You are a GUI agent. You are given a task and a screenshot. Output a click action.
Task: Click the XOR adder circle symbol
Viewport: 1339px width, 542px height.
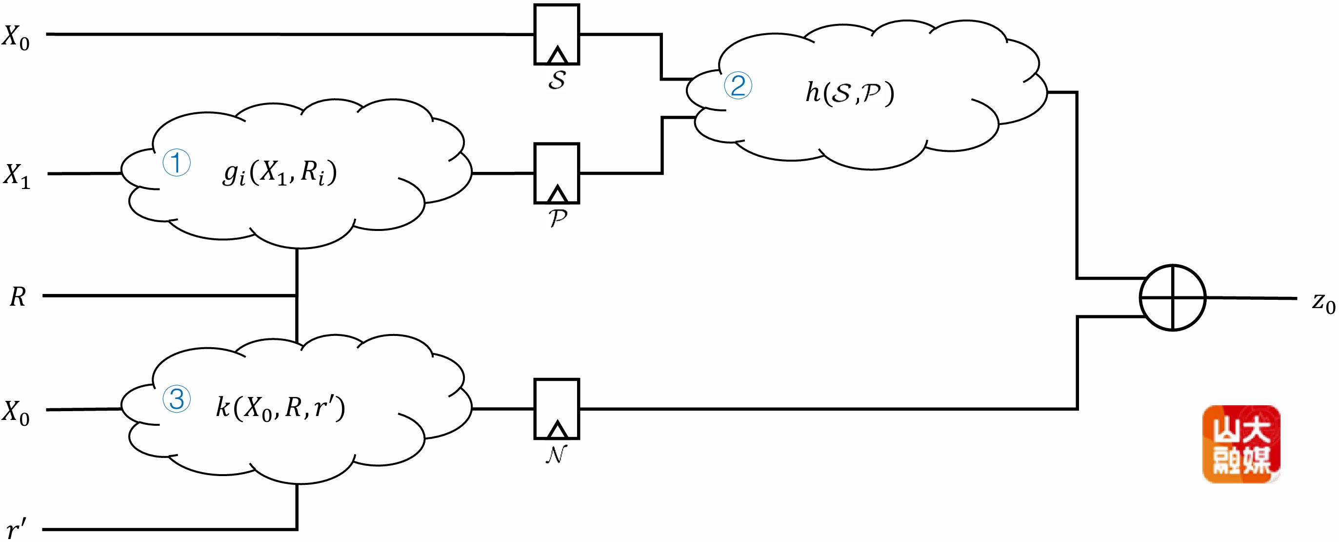(1172, 297)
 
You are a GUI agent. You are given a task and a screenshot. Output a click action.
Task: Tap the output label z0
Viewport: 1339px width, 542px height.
(1323, 303)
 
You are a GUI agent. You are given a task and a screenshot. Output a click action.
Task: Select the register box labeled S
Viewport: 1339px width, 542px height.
(556, 34)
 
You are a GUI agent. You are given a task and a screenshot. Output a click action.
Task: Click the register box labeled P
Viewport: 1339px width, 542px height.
(556, 173)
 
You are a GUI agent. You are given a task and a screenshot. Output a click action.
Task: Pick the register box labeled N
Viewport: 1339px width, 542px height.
(556, 409)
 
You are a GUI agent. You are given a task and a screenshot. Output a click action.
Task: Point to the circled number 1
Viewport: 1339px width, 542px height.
(176, 163)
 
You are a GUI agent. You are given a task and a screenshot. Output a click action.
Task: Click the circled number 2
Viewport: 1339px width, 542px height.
(738, 86)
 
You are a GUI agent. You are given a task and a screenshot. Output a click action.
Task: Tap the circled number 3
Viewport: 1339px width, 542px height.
(176, 399)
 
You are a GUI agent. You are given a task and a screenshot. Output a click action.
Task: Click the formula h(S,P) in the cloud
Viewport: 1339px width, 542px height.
(849, 93)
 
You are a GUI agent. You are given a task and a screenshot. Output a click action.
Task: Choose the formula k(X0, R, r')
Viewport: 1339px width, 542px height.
(280, 408)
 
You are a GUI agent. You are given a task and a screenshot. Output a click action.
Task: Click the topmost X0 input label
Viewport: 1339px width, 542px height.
(16, 38)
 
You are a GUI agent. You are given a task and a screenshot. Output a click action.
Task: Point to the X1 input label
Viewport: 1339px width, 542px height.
(17, 176)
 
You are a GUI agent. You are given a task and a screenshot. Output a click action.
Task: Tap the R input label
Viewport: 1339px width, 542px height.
(18, 297)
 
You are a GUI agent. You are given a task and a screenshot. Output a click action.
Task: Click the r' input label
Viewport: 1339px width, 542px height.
(16, 529)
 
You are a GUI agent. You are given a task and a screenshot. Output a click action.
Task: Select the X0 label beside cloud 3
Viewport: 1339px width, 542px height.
(16, 413)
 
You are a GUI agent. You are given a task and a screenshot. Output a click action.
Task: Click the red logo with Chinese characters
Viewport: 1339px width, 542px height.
(1241, 444)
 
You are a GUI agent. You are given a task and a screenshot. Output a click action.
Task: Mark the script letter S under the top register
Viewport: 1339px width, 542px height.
(557, 80)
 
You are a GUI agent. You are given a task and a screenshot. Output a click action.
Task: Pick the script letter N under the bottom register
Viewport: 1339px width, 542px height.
(555, 454)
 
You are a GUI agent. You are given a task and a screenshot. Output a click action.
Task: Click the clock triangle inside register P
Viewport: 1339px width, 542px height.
(557, 194)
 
